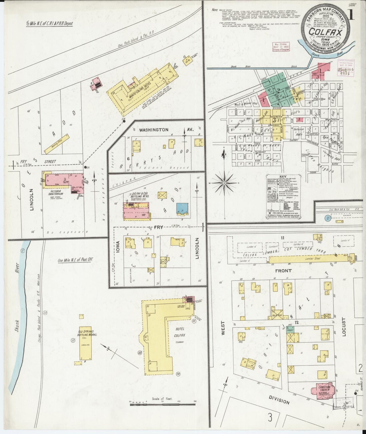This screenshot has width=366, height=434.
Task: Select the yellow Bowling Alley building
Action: pos(56,143)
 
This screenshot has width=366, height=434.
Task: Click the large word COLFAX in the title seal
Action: pos(325,33)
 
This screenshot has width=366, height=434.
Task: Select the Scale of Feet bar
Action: pos(163,405)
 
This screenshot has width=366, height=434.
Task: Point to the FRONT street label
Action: pos(283,271)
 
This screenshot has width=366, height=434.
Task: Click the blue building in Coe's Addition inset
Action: pos(182,208)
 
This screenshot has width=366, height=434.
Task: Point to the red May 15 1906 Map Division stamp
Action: pos(281,47)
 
